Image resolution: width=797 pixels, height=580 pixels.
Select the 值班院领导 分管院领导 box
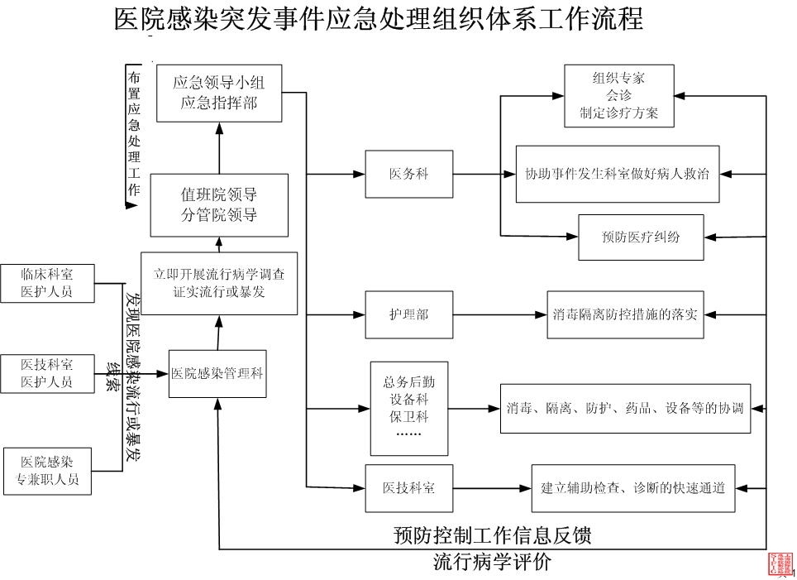coord(219,205)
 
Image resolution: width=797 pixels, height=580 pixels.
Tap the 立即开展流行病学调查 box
coord(219,283)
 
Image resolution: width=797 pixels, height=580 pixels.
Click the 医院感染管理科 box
coord(217,373)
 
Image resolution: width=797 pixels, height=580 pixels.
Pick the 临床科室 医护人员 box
coord(47,283)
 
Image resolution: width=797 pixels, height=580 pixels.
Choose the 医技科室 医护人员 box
coord(47,373)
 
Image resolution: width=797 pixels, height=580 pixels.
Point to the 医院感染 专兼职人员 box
coord(47,471)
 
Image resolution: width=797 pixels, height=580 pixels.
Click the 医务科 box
coord(408,175)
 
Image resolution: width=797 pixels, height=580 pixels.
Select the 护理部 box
coord(408,314)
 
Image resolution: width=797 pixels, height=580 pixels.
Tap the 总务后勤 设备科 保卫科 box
coord(408,408)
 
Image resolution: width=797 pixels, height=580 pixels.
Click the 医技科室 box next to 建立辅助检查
coord(408,487)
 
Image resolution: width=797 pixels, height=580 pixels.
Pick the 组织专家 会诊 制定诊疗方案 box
coord(618,96)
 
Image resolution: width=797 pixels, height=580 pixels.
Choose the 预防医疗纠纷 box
coord(641,237)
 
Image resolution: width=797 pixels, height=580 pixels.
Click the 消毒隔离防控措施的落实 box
coord(625,314)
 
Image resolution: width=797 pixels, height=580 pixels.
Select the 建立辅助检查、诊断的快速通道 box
coord(633,487)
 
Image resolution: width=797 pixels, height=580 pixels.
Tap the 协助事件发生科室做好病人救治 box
coord(617,175)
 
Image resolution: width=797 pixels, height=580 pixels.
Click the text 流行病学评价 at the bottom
coord(492,563)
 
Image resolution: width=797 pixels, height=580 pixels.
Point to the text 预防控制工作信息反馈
coord(492,535)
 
